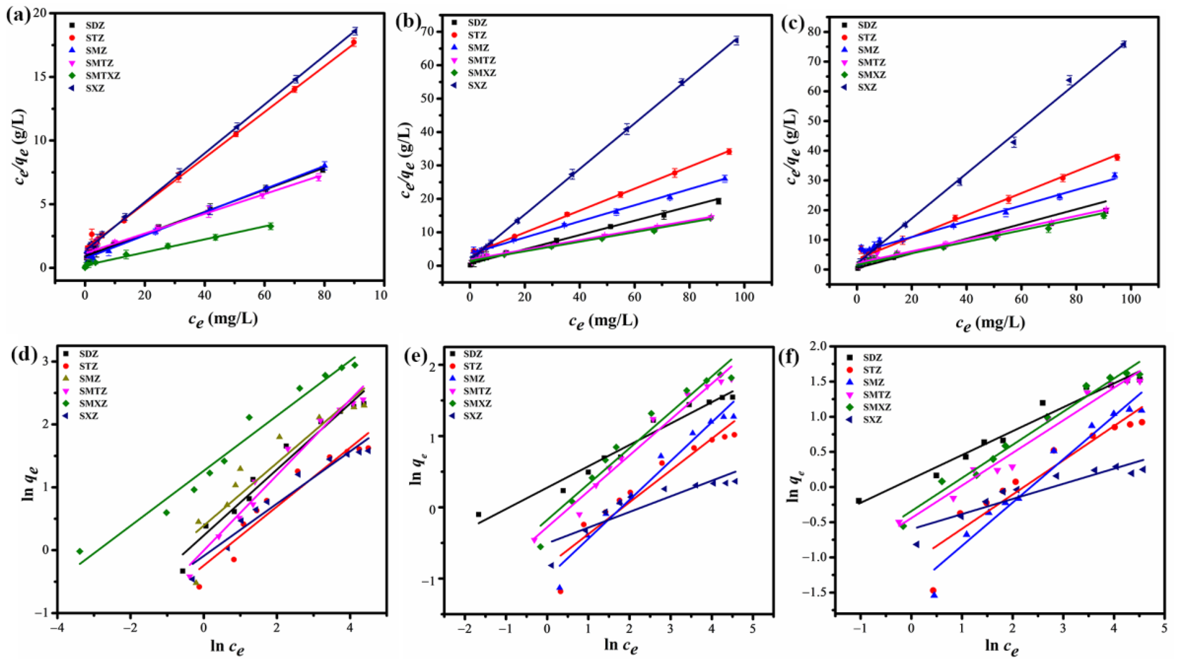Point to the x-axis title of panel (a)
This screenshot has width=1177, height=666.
tap(223, 318)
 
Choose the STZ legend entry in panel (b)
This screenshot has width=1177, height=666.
tap(478, 35)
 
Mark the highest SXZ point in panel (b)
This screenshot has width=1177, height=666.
tap(736, 40)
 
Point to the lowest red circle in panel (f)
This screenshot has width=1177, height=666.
tap(933, 591)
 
